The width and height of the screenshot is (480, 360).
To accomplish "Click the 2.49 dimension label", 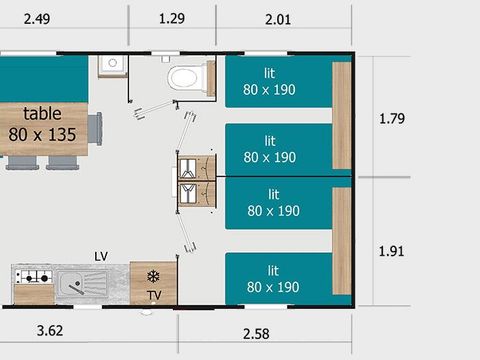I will click(x=26, y=18).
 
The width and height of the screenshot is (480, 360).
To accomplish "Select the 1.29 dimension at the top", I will click(x=172, y=18).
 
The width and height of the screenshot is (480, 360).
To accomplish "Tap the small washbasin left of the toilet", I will click(x=112, y=64).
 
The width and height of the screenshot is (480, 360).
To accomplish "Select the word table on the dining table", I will click(x=42, y=113).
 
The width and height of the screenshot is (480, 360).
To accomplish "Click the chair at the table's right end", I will click(x=96, y=128).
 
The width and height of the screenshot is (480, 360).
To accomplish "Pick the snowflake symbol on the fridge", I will click(x=153, y=276).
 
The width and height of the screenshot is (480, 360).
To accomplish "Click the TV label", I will click(x=154, y=295).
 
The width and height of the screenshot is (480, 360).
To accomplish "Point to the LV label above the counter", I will click(x=100, y=256).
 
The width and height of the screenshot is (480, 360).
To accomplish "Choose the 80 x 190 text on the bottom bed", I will click(x=271, y=287).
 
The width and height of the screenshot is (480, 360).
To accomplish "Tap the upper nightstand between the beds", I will click(x=197, y=165).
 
